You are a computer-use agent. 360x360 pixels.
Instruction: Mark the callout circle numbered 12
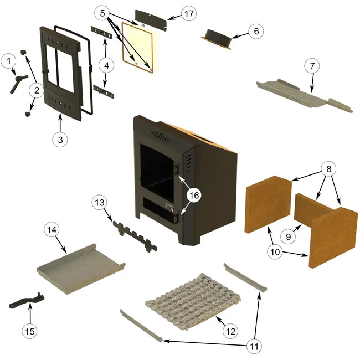coord(229,331)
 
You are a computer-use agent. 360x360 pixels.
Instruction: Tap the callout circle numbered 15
coord(30,331)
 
